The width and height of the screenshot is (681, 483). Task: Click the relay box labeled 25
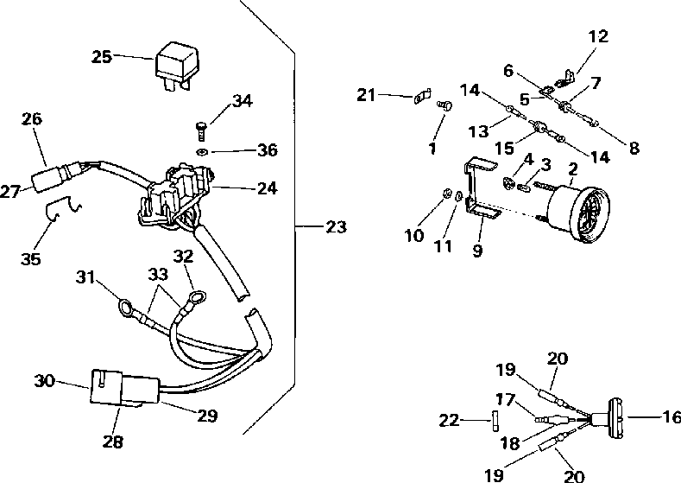tap(173, 65)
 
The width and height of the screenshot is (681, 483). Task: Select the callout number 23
tap(336, 226)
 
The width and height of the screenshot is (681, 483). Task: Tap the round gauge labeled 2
tap(578, 213)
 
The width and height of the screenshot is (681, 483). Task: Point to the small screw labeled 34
tap(200, 131)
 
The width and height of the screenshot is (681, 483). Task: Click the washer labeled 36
tap(201, 152)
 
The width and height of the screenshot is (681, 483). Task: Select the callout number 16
tap(672, 417)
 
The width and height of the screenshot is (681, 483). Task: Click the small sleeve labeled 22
tap(495, 422)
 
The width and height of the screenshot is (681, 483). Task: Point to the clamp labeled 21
tap(422, 97)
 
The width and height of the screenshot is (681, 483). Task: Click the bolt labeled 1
tap(445, 105)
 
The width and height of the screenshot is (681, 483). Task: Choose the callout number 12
tap(598, 36)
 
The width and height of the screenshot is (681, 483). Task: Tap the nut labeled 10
tap(446, 193)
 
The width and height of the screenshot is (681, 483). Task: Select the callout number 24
tap(267, 188)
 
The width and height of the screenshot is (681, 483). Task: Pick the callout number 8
tap(634, 148)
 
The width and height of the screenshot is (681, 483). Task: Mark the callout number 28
tap(113, 442)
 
